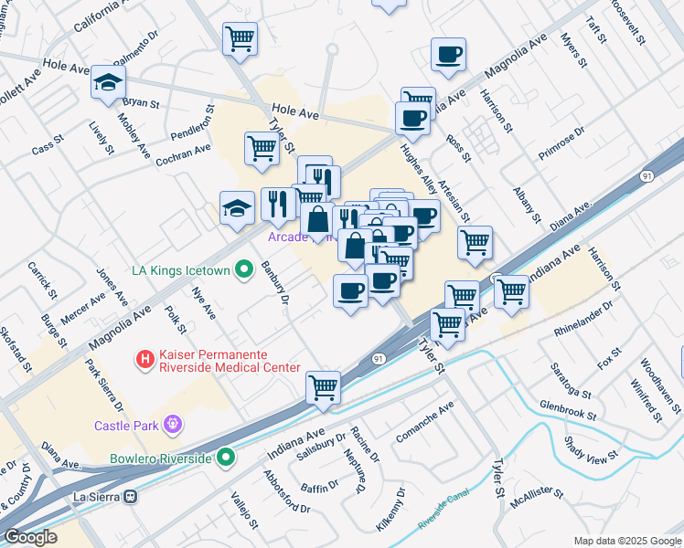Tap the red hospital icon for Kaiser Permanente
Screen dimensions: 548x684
click(144, 360)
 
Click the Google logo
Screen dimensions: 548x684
click(30, 537)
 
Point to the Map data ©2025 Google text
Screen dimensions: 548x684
click(626, 541)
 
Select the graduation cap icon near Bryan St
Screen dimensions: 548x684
click(108, 83)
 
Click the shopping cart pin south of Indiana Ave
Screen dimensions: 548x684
click(324, 386)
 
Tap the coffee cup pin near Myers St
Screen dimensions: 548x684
click(448, 55)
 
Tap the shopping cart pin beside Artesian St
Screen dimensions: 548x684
click(475, 243)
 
